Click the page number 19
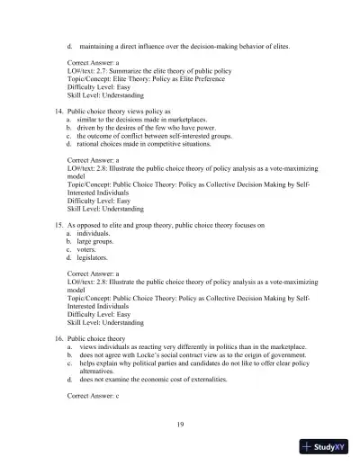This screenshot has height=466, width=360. click(180, 422)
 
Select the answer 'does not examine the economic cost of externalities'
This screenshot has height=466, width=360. click(164, 380)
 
